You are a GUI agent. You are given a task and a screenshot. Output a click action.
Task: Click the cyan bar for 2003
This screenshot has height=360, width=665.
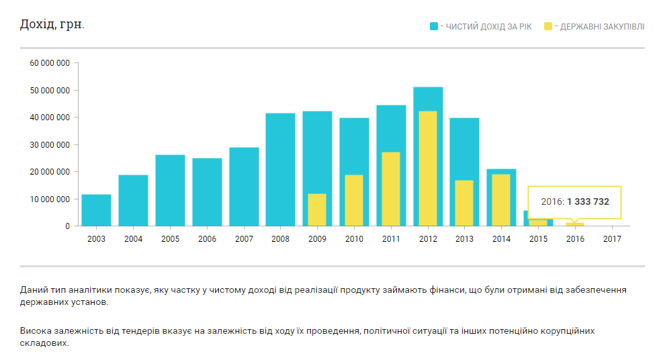tap(96, 210)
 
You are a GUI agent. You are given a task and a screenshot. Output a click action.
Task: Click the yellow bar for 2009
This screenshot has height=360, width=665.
tap(317, 210)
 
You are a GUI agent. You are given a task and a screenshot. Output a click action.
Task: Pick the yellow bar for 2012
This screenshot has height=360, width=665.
tap(427, 168)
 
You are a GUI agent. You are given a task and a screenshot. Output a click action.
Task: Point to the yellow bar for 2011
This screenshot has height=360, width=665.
tap(391, 189)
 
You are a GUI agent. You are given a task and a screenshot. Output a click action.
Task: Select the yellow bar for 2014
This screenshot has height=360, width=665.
tap(501, 199)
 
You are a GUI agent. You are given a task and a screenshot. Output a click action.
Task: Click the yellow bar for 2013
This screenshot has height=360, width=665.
tap(464, 203)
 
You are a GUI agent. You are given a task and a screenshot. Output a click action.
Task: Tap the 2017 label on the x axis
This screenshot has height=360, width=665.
tap(612, 239)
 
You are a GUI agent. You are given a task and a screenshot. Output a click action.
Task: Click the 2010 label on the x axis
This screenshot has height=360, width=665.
tap(354, 239)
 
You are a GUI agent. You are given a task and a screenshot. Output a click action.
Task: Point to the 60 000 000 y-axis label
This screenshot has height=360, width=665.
tap(50, 63)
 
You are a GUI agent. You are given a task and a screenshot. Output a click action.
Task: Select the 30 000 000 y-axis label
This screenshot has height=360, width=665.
tap(50, 145)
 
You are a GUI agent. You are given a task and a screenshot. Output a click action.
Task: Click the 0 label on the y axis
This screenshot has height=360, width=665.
tap(67, 226)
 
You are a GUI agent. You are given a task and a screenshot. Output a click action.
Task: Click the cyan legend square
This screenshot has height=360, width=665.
tap(434, 27)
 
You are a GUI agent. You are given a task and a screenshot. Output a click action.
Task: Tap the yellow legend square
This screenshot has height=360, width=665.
tap(548, 27)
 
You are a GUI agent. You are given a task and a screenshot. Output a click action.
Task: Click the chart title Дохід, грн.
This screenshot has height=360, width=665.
tap(52, 25)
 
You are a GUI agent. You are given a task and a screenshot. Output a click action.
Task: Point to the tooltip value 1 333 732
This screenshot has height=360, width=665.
tap(588, 201)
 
